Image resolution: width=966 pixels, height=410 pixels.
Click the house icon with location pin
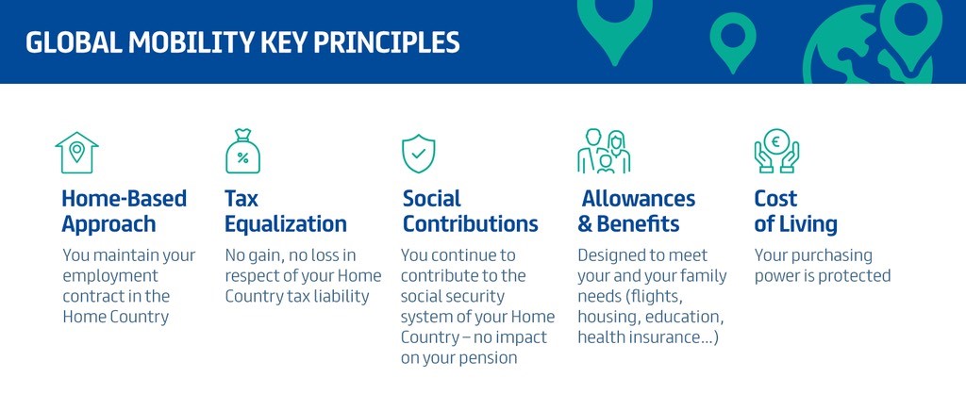coord(76,153)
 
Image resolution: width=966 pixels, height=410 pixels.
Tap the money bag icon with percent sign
coord(242,152)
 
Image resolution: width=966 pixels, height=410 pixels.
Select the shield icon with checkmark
coord(418,154)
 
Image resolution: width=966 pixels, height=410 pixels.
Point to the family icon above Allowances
coord(604,152)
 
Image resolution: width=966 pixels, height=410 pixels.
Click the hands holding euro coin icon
coord(776,151)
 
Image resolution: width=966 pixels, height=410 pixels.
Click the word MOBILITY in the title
coord(192,43)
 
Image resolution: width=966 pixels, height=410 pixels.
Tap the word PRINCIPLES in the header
coord(386,43)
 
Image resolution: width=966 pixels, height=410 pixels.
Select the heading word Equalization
coord(285,223)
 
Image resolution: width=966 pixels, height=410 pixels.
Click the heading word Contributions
coord(471,223)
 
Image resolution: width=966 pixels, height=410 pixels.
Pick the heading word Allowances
coord(639,199)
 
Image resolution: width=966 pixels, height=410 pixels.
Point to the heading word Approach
coord(108,224)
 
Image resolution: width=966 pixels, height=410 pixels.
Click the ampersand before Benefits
coord(585,224)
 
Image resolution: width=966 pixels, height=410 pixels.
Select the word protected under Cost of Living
coord(855,276)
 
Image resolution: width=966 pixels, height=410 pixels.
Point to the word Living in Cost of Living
coord(809,224)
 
